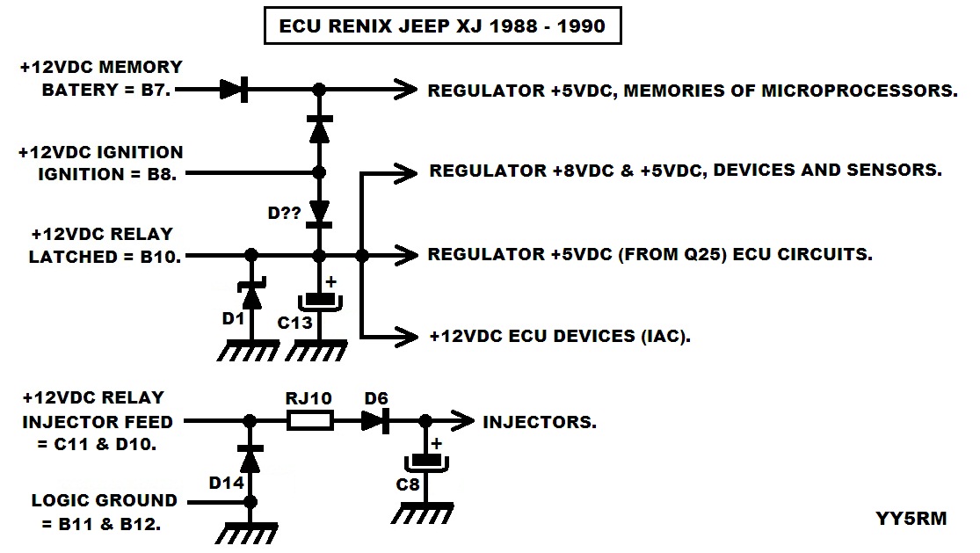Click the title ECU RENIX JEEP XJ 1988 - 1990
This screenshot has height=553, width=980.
tap(441, 25)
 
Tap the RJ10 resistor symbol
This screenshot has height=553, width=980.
tap(309, 422)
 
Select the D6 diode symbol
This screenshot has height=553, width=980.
tap(376, 422)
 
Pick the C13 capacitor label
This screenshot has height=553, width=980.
tap(294, 323)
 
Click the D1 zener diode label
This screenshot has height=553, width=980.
tap(233, 318)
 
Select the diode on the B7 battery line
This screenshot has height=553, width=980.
tap(232, 88)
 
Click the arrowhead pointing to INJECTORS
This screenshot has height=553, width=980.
tap(463, 422)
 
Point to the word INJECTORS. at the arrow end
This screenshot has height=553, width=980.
tap(540, 423)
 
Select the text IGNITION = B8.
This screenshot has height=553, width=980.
tap(106, 174)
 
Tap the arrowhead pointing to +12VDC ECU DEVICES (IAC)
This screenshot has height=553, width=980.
tap(406, 337)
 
